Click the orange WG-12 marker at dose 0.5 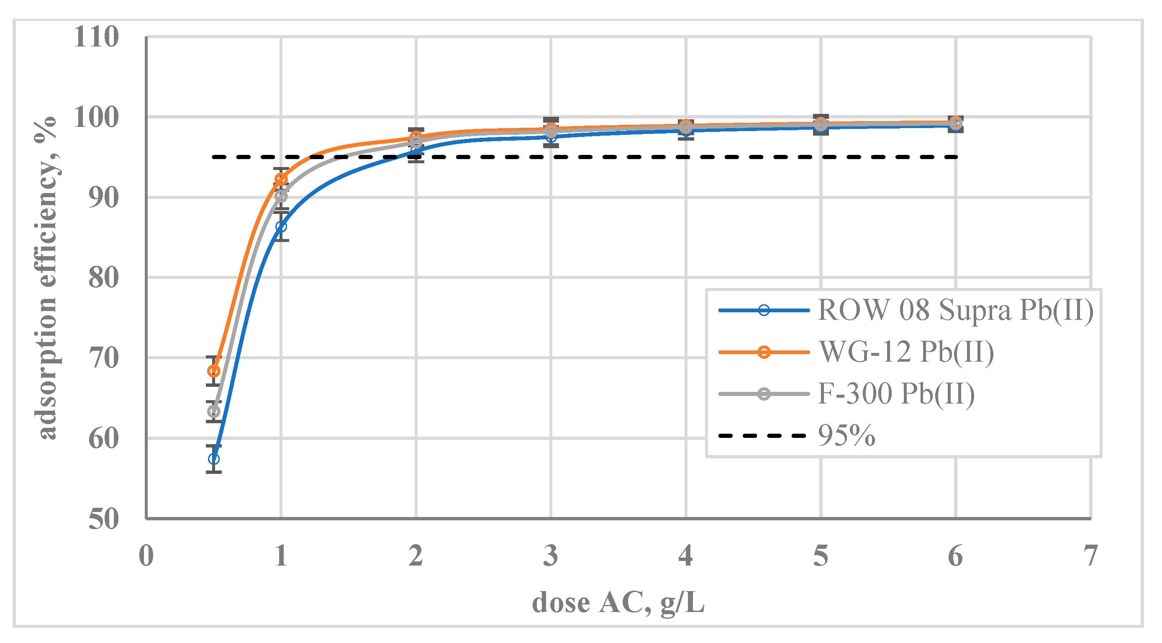tap(214, 371)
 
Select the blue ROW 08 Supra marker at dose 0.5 tap(214, 459)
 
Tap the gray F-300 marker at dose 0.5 tap(214, 412)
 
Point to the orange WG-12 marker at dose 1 tap(281, 179)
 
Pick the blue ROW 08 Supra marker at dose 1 tap(281, 226)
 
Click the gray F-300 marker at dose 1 tap(281, 196)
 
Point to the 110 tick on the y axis tap(96, 37)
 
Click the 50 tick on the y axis tap(103, 519)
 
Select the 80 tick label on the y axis tap(103, 278)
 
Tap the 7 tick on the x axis tap(1091, 556)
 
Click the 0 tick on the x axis tap(146, 556)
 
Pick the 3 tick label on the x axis tap(551, 556)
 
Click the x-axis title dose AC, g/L tap(618, 603)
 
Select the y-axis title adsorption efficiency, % tap(46, 278)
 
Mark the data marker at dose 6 tap(955, 123)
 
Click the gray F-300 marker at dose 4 tap(686, 127)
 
